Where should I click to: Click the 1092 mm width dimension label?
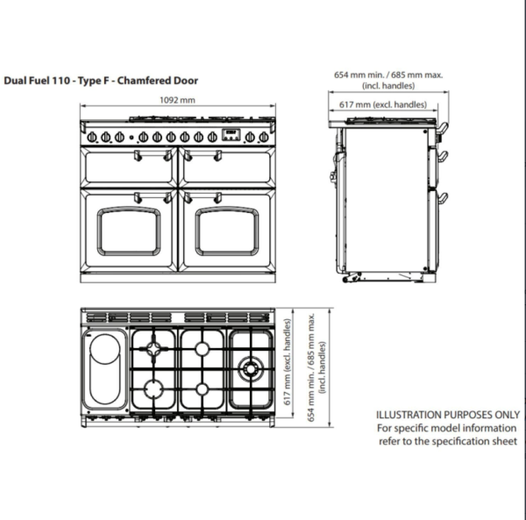178,101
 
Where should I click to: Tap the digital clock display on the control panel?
231,135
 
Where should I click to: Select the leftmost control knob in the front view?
92,136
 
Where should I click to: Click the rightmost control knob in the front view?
262,136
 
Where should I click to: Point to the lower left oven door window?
129,231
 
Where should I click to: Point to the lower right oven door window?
227,231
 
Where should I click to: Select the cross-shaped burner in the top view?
155,351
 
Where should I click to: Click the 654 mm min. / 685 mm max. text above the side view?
389,75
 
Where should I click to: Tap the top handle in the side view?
444,129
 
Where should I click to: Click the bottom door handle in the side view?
444,196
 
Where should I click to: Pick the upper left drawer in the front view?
129,166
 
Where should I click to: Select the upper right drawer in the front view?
227,166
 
